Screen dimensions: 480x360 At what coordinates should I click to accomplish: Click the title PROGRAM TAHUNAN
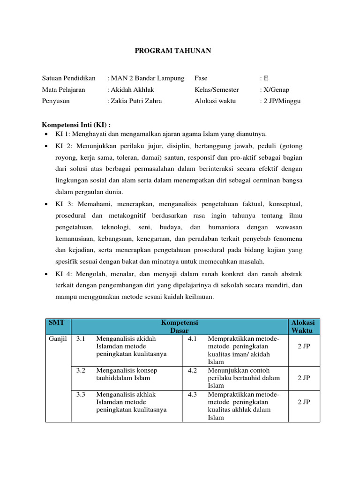tap(173, 51)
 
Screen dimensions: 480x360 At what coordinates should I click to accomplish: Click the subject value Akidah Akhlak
tap(132, 90)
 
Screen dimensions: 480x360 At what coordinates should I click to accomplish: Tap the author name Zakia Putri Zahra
tap(138, 101)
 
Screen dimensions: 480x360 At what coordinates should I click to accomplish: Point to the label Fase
tap(201, 78)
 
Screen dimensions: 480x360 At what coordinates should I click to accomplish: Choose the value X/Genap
tap(276, 90)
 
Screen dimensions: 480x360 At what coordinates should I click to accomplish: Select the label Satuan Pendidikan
tap(68, 78)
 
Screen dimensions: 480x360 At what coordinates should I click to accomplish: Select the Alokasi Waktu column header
tap(303, 326)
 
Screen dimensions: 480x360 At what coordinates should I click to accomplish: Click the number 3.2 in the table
tap(81, 370)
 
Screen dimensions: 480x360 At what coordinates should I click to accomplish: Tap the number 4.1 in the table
tap(192, 339)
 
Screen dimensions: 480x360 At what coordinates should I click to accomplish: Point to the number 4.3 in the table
tap(192, 394)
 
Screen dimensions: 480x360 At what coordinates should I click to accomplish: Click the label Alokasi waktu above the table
tap(215, 101)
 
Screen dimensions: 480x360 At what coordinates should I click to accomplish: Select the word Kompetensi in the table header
tap(180, 322)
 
